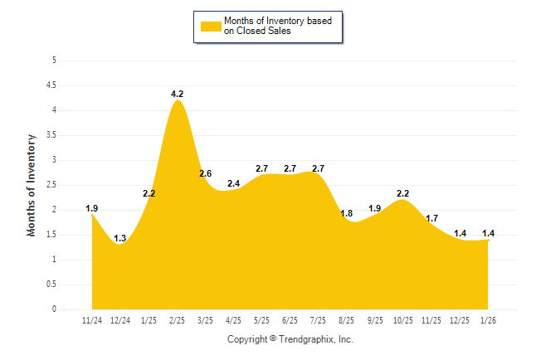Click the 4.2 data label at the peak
(x=177, y=95)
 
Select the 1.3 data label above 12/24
(x=120, y=239)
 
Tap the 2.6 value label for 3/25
(x=206, y=173)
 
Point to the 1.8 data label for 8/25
(x=346, y=213)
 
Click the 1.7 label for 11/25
(x=431, y=218)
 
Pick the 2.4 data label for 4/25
(x=234, y=183)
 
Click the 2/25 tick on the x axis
(x=177, y=320)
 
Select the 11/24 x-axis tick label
(x=92, y=320)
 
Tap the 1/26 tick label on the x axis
(x=488, y=320)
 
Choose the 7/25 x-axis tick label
(x=318, y=320)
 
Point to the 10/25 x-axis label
(x=402, y=320)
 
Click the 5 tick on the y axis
(x=54, y=61)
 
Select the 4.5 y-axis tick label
(x=51, y=85)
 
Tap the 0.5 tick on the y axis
(x=51, y=285)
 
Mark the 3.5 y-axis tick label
(x=51, y=135)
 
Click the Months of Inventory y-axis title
(x=32, y=185)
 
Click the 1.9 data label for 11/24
(x=92, y=208)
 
